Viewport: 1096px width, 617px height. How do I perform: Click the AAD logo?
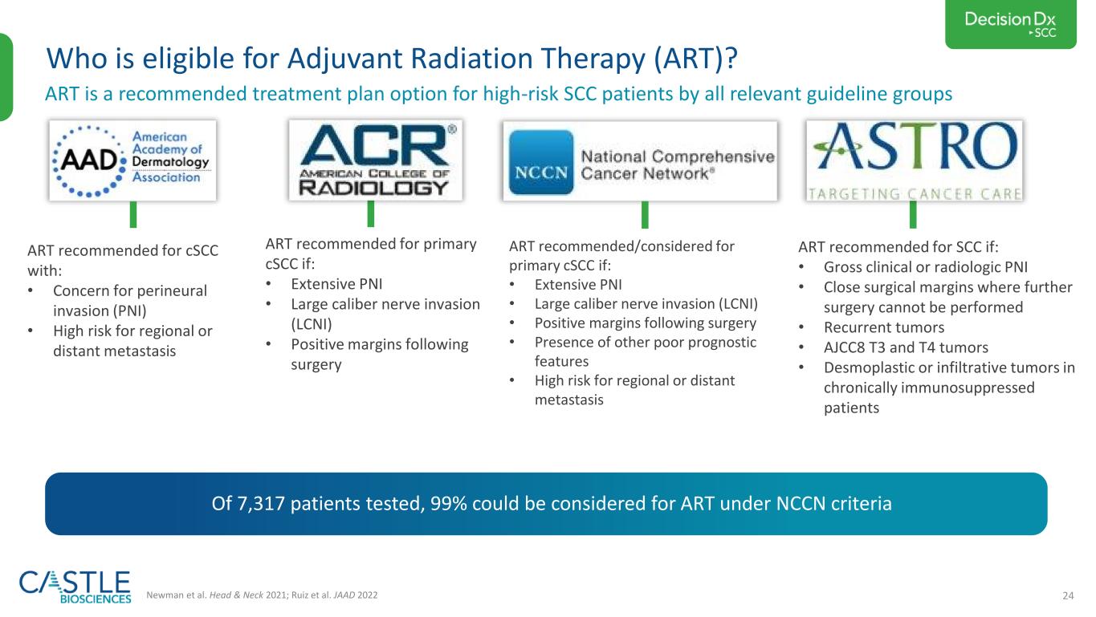pos(132,160)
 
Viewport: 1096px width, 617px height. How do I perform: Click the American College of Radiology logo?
pos(375,160)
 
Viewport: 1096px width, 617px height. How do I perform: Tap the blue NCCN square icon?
pos(541,162)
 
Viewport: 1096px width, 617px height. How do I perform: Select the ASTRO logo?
pos(914,160)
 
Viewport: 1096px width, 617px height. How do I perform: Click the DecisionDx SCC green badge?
pos(1010,24)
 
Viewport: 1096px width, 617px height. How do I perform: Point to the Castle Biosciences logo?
pos(75,587)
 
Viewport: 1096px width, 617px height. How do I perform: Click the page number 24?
pos(1068,595)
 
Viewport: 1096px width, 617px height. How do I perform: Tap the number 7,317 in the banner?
pos(260,504)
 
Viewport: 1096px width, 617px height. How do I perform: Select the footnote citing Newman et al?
pos(262,595)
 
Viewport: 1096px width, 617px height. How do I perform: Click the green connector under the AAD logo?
pos(133,215)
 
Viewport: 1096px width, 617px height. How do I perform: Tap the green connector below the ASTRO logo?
pos(913,215)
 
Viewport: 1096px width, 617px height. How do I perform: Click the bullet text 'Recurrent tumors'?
pos(884,327)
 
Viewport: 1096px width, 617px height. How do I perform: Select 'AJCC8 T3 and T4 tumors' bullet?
pos(906,347)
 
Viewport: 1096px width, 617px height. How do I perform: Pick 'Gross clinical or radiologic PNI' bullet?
pos(925,267)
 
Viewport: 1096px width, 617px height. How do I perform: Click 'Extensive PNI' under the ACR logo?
pos(336,283)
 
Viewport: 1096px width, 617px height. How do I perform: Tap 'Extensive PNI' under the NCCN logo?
pos(578,284)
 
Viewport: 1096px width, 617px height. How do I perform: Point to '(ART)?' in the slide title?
pos(696,59)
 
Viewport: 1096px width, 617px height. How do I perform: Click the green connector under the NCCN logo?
pos(645,215)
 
